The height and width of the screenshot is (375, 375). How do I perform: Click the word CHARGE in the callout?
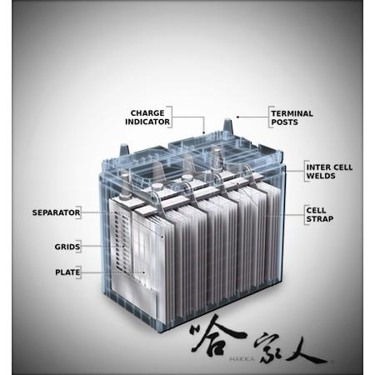click(147, 113)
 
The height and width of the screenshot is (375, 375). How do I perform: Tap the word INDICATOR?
click(147, 122)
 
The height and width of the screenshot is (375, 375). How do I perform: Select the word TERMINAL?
click(292, 113)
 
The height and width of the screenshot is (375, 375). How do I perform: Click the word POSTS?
click(285, 122)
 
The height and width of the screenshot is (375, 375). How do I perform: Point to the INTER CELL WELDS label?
click(329, 172)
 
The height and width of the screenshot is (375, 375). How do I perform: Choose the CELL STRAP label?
click(320, 214)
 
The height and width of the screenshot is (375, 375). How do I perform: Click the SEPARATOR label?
click(56, 212)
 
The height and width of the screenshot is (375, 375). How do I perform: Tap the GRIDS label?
click(67, 247)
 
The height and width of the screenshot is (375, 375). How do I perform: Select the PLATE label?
click(67, 272)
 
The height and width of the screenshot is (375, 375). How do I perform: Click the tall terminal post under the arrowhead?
click(227, 127)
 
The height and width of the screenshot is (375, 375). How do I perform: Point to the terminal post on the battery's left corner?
click(124, 150)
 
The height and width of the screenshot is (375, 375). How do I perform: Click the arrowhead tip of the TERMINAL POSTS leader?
click(237, 117)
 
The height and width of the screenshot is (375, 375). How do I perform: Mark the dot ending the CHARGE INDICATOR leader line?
click(204, 132)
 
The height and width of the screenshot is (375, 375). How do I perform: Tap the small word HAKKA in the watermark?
click(241, 358)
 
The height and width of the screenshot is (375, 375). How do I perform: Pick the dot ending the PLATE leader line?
click(143, 272)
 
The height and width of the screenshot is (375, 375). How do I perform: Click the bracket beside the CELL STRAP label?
click(305, 215)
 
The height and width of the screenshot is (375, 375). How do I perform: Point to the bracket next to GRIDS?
click(80, 247)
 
